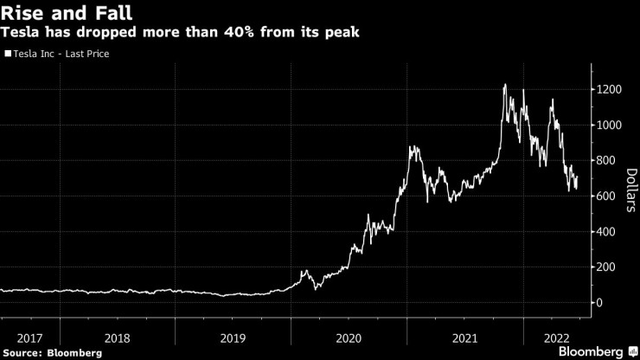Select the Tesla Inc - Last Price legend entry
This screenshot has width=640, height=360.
coord(60,54)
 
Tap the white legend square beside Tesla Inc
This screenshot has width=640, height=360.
coord(8,54)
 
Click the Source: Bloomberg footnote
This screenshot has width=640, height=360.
coord(52,352)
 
